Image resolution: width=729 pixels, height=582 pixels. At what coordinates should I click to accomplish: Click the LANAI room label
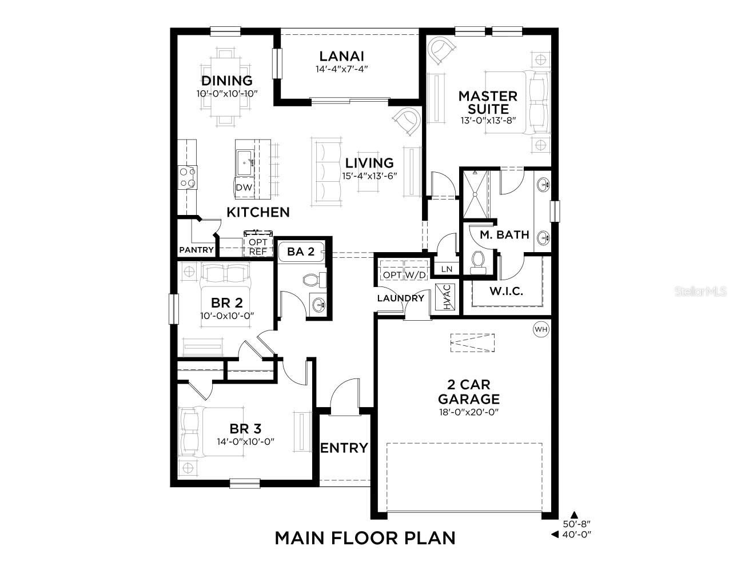[341, 56]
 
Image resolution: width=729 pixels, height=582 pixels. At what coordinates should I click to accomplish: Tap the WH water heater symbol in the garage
[540, 329]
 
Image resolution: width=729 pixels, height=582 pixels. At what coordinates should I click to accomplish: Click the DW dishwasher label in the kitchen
[243, 188]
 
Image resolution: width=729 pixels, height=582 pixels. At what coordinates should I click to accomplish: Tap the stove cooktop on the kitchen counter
[189, 177]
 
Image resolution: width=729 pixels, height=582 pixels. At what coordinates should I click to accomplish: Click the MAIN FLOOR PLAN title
[365, 538]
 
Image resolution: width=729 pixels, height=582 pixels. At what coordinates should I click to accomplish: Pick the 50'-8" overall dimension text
[576, 524]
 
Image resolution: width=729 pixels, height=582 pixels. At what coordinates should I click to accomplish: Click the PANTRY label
[196, 250]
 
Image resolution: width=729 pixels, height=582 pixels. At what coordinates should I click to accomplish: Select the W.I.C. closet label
[506, 291]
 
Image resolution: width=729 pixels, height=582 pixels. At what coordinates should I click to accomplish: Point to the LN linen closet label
[446, 269]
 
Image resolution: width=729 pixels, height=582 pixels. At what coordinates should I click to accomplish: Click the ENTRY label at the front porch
[344, 448]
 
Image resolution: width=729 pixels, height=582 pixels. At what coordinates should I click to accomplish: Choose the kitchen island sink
[246, 162]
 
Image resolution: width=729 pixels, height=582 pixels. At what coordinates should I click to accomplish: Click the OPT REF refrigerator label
[257, 246]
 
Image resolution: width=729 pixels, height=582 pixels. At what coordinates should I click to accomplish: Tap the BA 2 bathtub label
[301, 251]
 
